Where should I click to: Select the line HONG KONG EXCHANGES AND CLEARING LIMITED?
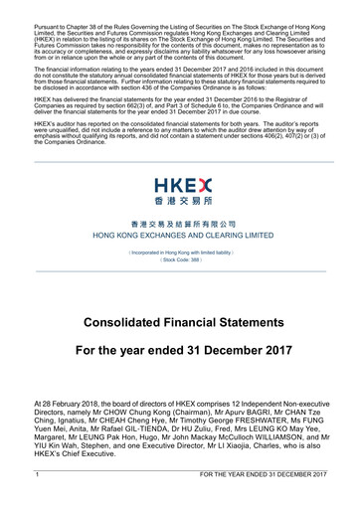[x=180, y=238]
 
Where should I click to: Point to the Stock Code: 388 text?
[x=180, y=260]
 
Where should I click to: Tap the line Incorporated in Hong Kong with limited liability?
[x=180, y=254]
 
